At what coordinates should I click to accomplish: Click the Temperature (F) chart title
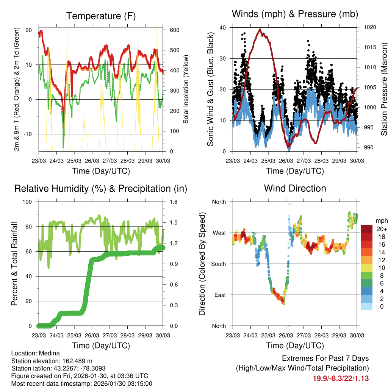101,16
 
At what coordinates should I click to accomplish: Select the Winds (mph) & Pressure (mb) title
295,14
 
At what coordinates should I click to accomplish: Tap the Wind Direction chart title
295,188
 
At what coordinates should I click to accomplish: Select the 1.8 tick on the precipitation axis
169,202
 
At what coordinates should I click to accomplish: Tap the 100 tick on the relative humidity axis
30,202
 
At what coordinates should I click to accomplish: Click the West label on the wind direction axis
219,233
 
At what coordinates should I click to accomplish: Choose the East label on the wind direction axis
219,295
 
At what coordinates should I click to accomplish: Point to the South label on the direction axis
218,264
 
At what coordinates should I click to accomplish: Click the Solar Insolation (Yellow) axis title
186,89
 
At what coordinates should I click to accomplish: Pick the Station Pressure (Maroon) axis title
384,89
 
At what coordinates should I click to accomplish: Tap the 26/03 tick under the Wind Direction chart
286,335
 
